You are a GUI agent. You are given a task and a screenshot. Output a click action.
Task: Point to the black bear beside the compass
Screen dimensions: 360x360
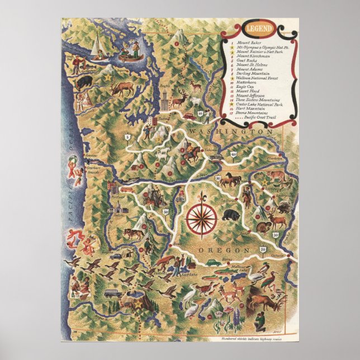[x=229, y=215]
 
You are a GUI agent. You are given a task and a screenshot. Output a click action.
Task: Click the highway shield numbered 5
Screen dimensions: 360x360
[x=127, y=136]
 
